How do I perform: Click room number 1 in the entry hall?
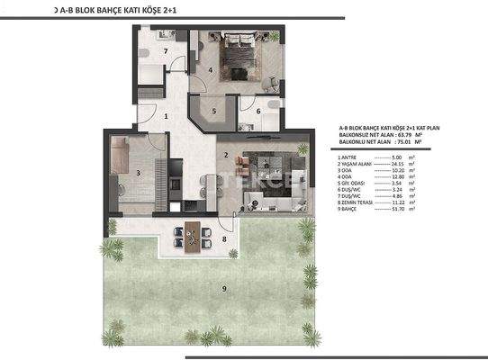[x=167, y=115]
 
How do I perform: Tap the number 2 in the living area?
[x=225, y=154]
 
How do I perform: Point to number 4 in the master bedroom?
[x=209, y=68]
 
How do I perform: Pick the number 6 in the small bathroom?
[x=258, y=112]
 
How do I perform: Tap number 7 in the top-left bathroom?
[x=166, y=52]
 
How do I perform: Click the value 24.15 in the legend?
[x=393, y=166]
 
